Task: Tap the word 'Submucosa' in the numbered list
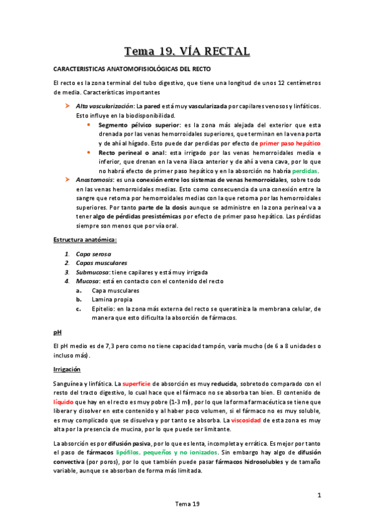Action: click(x=93, y=272)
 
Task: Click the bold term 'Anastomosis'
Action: click(x=97, y=179)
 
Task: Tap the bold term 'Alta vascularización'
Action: click(x=106, y=106)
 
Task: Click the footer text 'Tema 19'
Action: click(x=187, y=504)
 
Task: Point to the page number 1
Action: click(x=318, y=496)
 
